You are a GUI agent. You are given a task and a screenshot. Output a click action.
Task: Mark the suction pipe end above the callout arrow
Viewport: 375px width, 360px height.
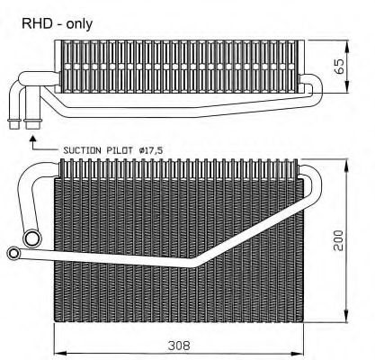(34, 121)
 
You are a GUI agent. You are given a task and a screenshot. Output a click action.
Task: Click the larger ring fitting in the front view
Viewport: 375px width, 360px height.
(32, 237)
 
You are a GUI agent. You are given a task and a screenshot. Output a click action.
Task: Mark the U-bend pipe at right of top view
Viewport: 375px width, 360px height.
(310, 88)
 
